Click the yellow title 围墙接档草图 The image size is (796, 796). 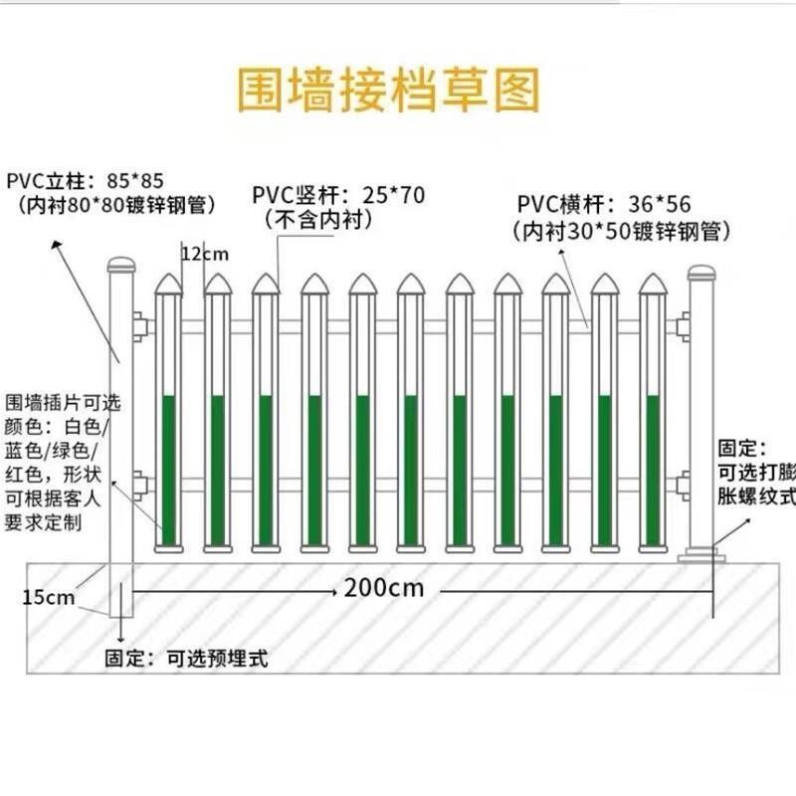389,90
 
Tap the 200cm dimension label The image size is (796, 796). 384,587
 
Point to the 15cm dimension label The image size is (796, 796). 49,597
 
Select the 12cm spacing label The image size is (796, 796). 205,254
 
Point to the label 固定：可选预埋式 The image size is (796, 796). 187,658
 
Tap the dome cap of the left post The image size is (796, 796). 120,266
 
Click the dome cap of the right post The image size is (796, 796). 700,272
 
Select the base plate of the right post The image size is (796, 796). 701,555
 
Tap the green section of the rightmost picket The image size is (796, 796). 653,468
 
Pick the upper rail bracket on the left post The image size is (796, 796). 140,325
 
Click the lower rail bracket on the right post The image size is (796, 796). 682,485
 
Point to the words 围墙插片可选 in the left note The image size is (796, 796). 63,403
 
